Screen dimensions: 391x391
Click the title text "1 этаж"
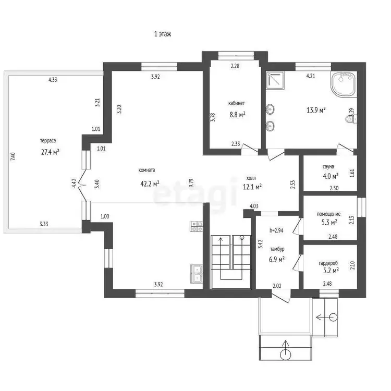163,34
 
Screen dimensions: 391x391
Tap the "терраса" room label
48,141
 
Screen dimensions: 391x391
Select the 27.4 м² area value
50,152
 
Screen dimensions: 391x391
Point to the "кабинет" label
236,103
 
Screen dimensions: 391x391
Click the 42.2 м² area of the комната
150,184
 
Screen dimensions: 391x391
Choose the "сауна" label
328,167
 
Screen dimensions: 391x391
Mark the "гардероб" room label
328,263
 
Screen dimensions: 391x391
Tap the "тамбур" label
277,249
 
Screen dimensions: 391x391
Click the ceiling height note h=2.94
276,230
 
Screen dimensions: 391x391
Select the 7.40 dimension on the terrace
13,156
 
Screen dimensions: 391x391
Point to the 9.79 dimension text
191,183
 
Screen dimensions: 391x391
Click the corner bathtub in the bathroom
344,84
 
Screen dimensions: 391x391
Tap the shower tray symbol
275,80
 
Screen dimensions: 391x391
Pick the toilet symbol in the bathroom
351,119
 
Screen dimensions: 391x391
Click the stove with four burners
197,226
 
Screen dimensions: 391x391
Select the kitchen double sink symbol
197,274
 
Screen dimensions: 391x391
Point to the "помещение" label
328,214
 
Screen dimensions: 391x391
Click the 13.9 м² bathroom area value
316,110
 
